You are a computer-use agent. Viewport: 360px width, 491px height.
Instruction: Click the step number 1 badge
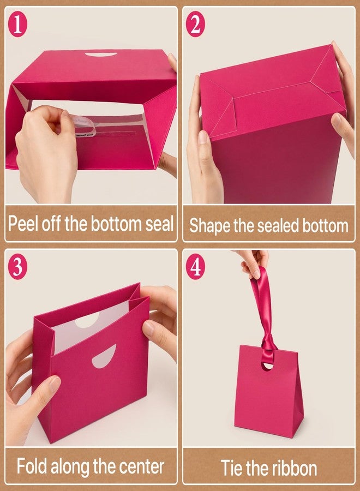click(x=17, y=24)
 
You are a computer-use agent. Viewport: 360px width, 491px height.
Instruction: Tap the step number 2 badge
click(x=195, y=24)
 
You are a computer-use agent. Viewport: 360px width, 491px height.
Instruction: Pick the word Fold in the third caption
click(x=32, y=466)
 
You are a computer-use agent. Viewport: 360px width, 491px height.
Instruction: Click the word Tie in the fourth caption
click(x=232, y=468)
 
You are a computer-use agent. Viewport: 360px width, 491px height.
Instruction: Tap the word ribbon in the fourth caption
click(x=294, y=468)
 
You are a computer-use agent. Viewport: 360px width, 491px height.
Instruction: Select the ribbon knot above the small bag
click(x=268, y=343)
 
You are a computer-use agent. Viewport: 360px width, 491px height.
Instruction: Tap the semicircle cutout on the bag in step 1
click(x=101, y=55)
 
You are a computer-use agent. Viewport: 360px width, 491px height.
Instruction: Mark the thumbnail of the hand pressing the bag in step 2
click(x=337, y=119)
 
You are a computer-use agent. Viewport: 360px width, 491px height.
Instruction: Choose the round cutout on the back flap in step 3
click(x=88, y=321)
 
